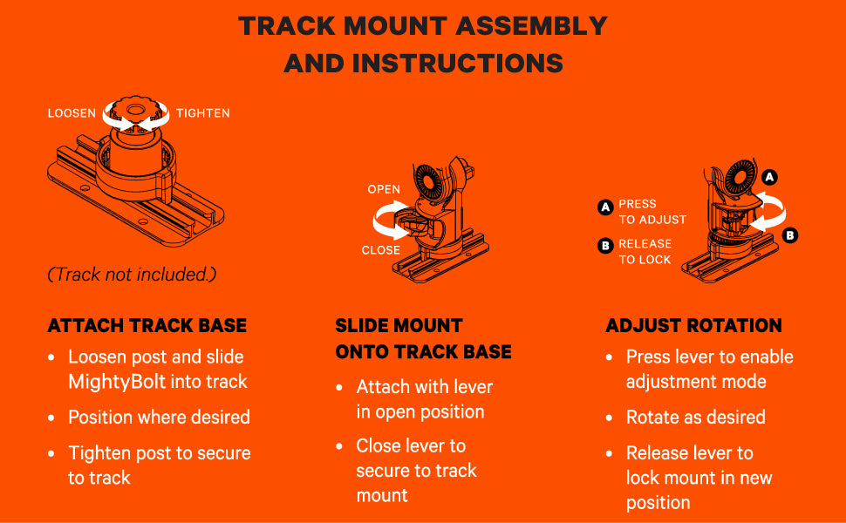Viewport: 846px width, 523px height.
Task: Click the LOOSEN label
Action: [72, 113]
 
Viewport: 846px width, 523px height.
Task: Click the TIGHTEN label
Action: [203, 113]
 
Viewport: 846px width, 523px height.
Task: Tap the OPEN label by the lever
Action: [384, 189]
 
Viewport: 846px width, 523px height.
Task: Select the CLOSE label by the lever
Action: [381, 250]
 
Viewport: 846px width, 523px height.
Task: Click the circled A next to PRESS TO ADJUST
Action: [605, 207]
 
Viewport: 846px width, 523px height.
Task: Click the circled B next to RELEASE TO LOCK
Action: [605, 246]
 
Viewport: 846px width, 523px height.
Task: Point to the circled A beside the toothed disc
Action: [769, 177]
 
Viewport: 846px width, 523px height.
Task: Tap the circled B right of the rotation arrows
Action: [790, 235]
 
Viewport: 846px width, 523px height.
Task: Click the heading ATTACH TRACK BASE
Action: [147, 326]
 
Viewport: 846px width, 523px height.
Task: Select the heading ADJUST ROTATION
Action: [693, 326]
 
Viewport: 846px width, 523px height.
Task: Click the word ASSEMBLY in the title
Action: [531, 26]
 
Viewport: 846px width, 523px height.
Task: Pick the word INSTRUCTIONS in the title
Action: [458, 64]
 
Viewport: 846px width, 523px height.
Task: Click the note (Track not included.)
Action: [133, 275]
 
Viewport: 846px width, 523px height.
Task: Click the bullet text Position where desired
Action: [159, 418]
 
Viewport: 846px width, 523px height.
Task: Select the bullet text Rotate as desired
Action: [695, 418]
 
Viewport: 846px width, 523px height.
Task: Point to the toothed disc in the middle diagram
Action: [428, 182]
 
